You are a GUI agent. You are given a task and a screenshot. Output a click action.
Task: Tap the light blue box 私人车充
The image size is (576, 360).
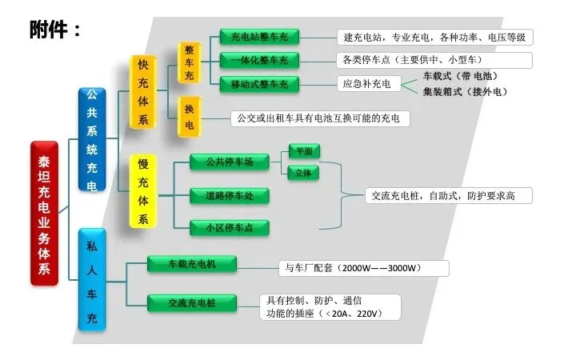[91, 280]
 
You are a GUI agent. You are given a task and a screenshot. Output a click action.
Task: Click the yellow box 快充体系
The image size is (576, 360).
[143, 92]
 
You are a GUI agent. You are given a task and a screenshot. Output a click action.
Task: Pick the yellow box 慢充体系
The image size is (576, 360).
[143, 192]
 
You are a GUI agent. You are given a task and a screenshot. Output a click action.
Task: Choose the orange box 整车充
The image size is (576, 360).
[189, 62]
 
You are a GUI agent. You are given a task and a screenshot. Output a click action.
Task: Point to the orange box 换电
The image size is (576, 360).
[189, 116]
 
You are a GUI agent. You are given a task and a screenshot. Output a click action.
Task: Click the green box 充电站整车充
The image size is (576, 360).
[259, 37]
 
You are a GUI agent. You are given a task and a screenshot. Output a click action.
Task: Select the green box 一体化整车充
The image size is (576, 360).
[259, 60]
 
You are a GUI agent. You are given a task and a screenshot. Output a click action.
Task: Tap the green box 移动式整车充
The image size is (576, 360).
[259, 83]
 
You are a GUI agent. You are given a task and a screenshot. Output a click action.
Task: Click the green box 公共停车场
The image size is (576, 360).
[229, 162]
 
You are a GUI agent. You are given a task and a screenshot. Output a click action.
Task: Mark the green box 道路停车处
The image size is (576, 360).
[229, 195]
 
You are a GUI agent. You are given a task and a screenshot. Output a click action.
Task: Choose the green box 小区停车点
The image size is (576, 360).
[229, 228]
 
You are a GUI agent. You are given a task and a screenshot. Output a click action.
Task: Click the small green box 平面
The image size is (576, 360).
[303, 150]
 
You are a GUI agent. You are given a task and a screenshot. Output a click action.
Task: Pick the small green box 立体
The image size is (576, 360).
[303, 172]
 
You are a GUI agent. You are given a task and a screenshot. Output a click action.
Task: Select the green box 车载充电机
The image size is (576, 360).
[192, 263]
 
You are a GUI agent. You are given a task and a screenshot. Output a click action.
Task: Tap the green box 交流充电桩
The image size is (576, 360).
[192, 302]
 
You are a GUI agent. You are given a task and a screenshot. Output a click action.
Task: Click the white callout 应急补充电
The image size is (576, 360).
[366, 83]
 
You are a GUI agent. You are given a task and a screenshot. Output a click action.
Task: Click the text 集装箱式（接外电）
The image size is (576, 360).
[465, 91]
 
